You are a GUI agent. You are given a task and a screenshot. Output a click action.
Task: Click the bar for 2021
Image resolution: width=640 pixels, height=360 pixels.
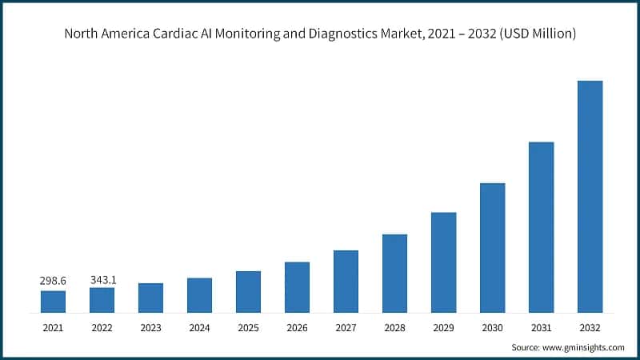(53, 302)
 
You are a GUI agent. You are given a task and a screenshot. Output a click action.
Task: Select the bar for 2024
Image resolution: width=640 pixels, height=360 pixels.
(199, 295)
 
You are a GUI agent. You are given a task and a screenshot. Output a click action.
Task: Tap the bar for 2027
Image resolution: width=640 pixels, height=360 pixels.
(346, 281)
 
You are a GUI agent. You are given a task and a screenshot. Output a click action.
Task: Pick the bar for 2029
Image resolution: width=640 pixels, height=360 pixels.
(443, 262)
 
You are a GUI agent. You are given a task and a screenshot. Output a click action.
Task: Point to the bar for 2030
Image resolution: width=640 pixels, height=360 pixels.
(492, 247)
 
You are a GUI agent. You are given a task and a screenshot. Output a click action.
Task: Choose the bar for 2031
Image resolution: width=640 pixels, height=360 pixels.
(541, 227)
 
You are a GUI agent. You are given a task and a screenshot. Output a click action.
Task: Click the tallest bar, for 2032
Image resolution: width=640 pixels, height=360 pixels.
(590, 196)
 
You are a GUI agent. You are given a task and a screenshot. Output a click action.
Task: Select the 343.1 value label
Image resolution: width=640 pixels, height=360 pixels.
(102, 279)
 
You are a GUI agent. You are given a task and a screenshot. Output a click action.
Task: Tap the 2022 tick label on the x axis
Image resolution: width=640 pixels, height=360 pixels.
(102, 327)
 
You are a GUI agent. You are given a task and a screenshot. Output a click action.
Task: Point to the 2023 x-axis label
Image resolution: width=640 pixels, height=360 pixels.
(150, 327)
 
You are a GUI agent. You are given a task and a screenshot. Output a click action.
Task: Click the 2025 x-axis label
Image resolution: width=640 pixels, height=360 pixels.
(248, 327)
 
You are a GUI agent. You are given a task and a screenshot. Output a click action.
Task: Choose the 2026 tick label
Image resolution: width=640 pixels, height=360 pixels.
(297, 327)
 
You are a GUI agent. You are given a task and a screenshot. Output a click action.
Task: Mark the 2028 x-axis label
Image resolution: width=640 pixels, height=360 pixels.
(394, 327)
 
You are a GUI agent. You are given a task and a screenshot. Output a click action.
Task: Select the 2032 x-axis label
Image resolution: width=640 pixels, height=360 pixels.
(590, 327)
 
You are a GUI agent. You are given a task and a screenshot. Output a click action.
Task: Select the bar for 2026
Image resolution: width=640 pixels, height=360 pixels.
(297, 287)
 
